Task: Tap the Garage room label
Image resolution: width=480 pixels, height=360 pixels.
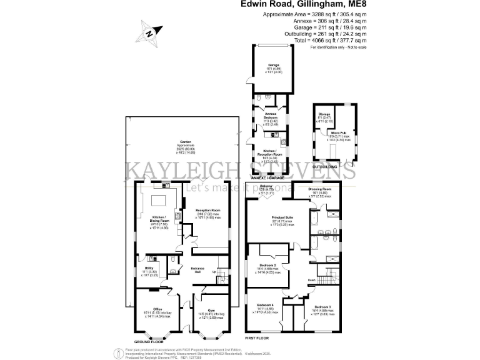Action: coord(273,64)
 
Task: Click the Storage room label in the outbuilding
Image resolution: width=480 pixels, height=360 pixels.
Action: coord(324,114)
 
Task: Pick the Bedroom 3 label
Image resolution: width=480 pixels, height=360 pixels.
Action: coord(322,306)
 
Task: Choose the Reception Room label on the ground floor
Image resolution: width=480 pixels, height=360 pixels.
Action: coord(208,210)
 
